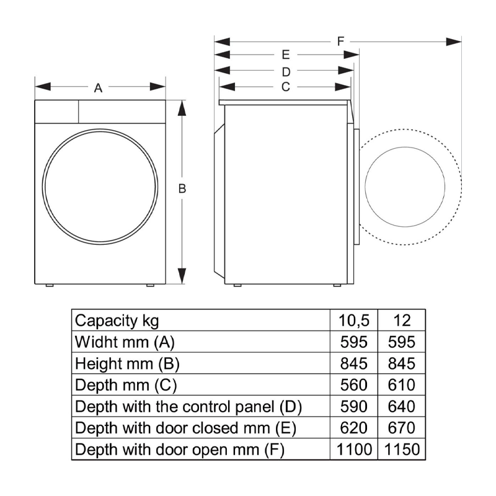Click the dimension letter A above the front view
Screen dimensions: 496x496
[x=98, y=88]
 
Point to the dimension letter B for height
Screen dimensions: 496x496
[x=182, y=188]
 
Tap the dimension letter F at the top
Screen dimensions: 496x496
[x=340, y=42]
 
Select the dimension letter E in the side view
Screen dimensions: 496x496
[x=286, y=55]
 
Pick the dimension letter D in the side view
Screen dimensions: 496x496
[x=286, y=72]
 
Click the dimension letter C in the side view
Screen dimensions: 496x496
[x=286, y=87]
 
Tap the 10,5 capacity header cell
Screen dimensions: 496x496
[x=353, y=321]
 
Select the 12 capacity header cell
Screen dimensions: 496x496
[x=402, y=321]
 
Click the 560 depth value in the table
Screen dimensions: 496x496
[x=353, y=384]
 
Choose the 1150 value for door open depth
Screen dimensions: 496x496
[x=402, y=449]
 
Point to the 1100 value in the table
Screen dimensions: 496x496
[x=354, y=449]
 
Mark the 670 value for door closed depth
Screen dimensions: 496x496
[x=402, y=428]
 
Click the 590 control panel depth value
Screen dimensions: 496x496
[x=353, y=406]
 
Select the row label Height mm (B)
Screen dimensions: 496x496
[x=127, y=364]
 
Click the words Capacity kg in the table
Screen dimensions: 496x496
[x=117, y=321]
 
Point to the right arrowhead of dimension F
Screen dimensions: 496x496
[x=453, y=42]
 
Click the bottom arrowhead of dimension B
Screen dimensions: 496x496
[x=182, y=276]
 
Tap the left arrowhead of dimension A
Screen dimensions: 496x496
[x=43, y=86]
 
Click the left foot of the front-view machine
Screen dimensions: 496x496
[x=50, y=285]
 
